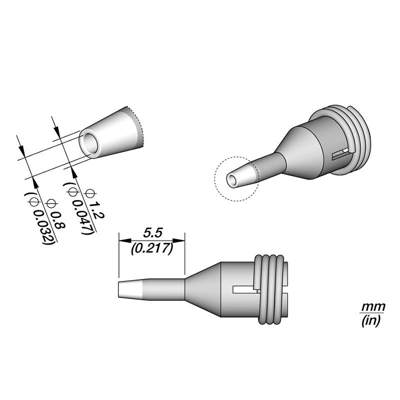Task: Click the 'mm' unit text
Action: pyautogui.click(x=370, y=306)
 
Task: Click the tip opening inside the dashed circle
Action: pyautogui.click(x=232, y=179)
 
